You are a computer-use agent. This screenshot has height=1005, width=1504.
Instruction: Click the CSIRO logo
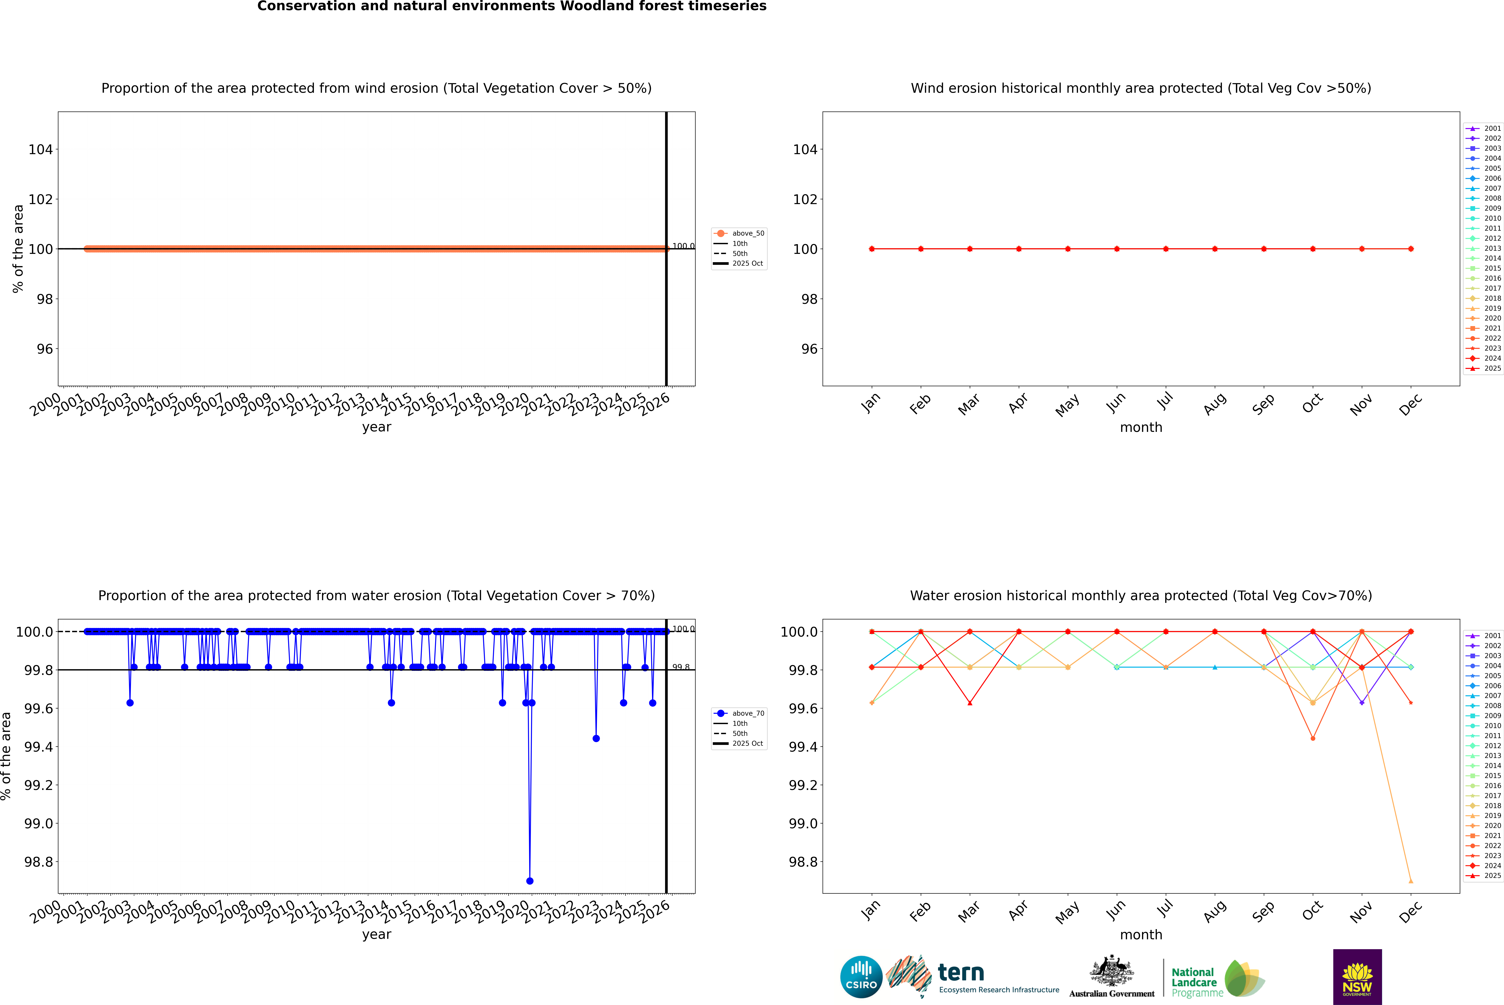[x=861, y=977]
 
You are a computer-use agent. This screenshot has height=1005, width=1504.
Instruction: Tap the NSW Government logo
[x=1357, y=977]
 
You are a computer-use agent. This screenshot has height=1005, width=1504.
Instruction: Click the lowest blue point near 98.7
[x=529, y=881]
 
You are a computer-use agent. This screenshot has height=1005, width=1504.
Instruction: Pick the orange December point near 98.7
[x=1410, y=881]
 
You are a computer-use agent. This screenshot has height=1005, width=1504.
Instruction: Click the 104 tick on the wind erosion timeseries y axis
[x=40, y=149]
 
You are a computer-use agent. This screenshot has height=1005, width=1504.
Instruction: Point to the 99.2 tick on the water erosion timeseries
[x=39, y=785]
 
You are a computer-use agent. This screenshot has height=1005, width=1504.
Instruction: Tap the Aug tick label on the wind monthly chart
[x=1215, y=404]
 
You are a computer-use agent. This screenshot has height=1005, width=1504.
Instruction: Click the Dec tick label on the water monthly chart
[x=1410, y=911]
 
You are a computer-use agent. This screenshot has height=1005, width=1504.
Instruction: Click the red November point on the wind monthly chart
[x=1362, y=249]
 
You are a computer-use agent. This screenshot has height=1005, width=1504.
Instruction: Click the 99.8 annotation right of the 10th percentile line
[x=681, y=667]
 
